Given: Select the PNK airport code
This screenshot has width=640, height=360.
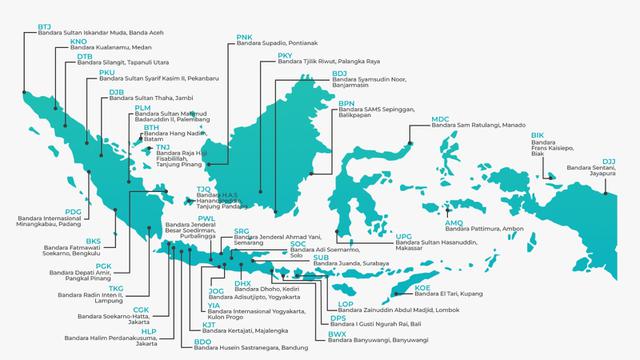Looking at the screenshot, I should [245, 37].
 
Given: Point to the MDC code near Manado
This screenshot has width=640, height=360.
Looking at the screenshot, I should [440, 119].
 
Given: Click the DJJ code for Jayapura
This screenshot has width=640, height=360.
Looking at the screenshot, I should [609, 161].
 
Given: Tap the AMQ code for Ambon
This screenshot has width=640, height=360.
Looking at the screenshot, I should [454, 222].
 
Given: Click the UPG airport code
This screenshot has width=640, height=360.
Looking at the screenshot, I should [404, 235].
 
